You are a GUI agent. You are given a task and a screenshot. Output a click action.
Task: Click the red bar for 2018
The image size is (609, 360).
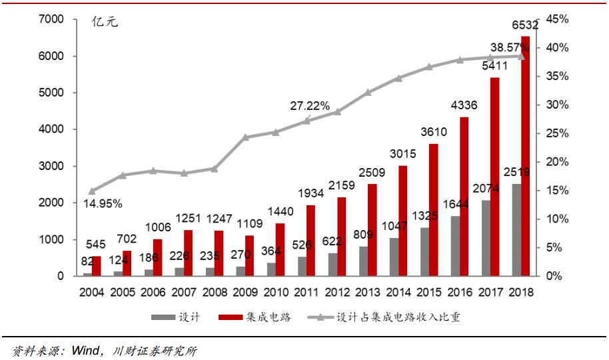[526, 156]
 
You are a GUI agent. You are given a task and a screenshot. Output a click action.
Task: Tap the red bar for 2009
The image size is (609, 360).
[250, 255]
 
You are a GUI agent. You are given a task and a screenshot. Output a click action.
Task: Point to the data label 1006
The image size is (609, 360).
[157, 227]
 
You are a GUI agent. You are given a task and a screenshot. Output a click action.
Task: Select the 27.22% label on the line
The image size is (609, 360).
[309, 105]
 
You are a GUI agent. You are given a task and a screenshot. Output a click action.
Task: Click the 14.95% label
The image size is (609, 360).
[103, 203]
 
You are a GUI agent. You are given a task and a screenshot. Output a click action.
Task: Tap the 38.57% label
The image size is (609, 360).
[510, 48]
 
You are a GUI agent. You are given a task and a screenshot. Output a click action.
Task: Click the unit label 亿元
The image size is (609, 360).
[105, 23]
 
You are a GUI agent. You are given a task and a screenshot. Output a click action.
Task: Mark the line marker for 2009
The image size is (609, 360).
[245, 137]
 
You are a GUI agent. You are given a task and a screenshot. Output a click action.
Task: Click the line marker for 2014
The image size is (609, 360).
[398, 78]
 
